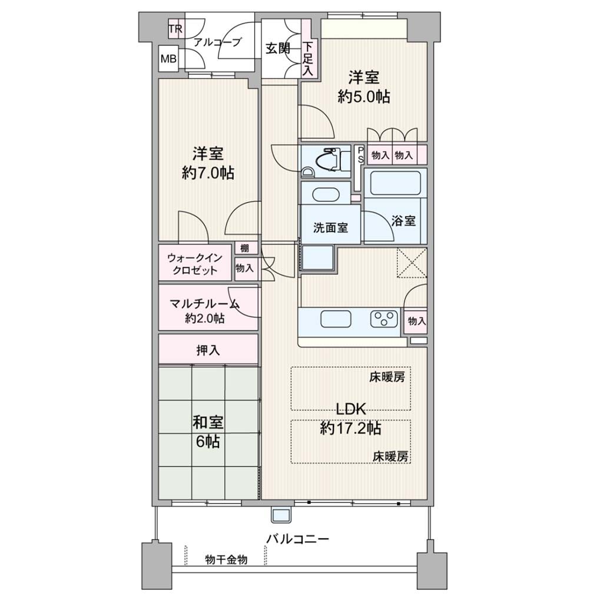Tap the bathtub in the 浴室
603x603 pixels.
coord(395,183)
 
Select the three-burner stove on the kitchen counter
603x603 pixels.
coord(384,319)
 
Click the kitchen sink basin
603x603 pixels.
coord(336,319)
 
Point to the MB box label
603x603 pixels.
coord(168,59)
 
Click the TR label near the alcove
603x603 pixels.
coord(175,29)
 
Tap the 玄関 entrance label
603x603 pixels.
coord(278,48)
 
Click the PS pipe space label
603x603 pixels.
coord(360,155)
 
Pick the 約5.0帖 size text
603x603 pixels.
coord(364,97)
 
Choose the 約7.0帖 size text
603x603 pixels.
coord(208,173)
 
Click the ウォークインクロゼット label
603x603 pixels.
coord(195,264)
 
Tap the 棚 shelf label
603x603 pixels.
coord(244,248)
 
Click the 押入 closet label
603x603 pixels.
coord(208,350)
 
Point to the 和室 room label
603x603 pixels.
coord(208,422)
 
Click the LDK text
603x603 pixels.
coord(351,409)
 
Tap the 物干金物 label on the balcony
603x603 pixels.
coord(226,559)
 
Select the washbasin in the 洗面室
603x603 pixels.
coord(326,193)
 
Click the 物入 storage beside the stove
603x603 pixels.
coord(417,321)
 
